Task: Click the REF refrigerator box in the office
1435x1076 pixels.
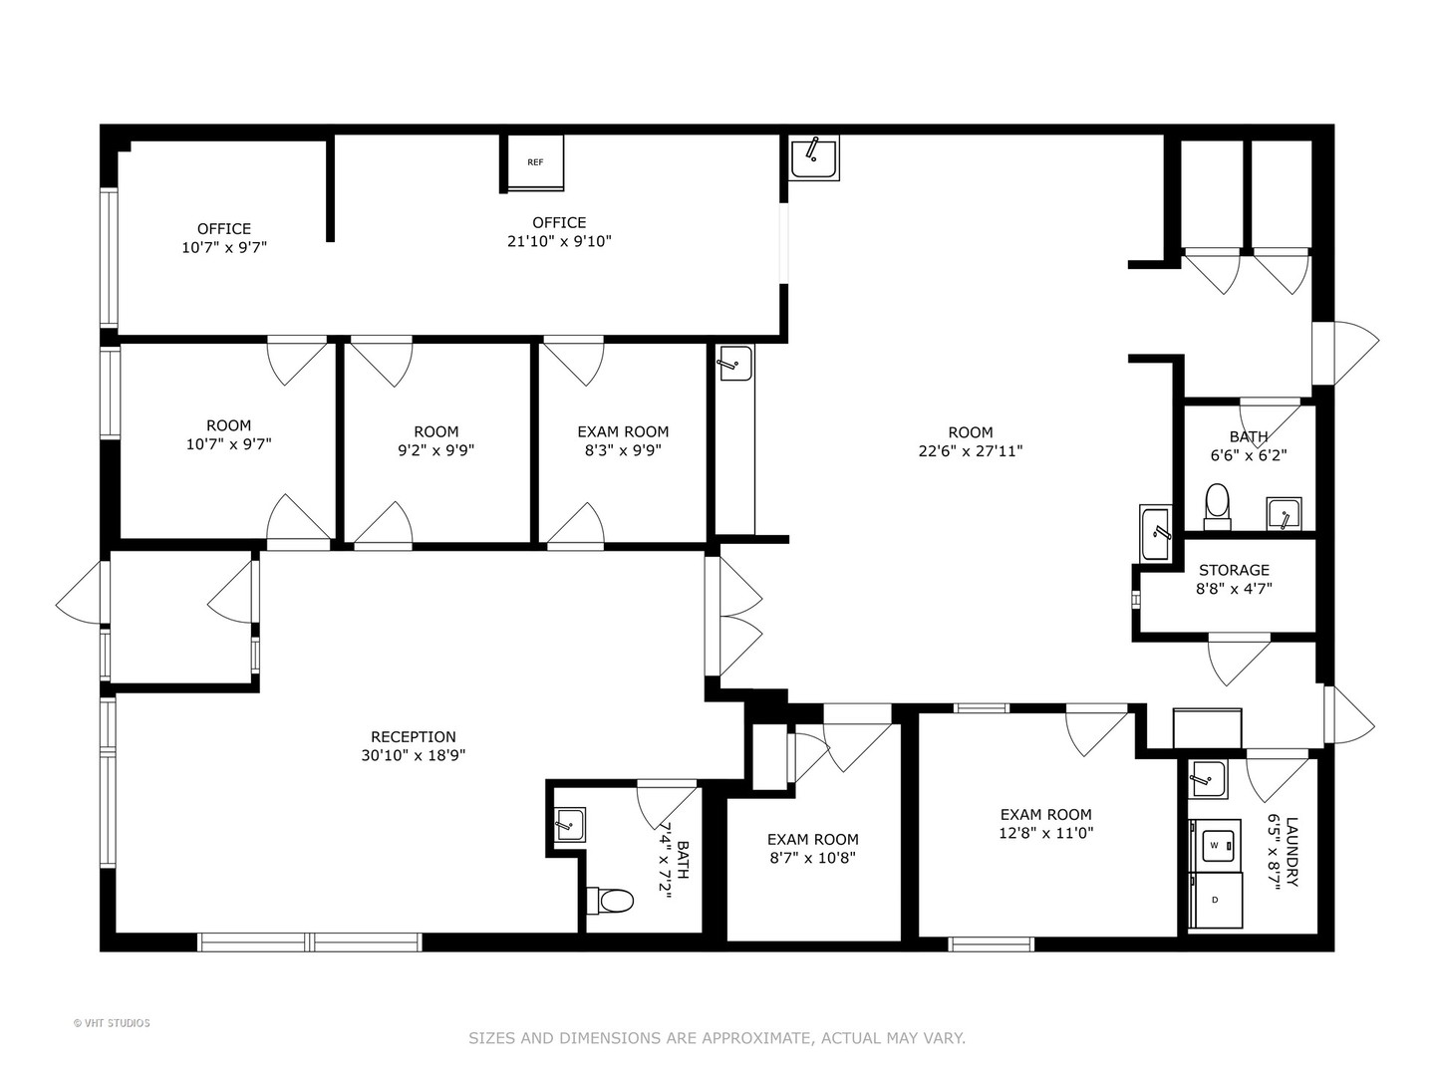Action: [535, 161]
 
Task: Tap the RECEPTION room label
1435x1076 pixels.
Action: [414, 737]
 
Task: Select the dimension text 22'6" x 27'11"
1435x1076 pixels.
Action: [970, 450]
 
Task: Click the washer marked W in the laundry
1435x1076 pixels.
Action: [1215, 845]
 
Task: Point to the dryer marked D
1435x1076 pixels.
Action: [1215, 900]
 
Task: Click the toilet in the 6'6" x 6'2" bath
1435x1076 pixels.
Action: [1217, 506]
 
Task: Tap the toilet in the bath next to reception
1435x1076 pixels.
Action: [611, 901]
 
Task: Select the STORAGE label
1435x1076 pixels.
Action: [1234, 570]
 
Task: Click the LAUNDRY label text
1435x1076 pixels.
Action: [1291, 852]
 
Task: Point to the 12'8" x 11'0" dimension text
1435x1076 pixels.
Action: [1045, 833]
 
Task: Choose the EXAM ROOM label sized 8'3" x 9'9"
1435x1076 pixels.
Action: [623, 431]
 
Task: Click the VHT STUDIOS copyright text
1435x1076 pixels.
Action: [112, 1023]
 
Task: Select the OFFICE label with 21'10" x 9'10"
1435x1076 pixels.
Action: [559, 222]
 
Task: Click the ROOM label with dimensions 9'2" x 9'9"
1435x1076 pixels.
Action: [435, 431]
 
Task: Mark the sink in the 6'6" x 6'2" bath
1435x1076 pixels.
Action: [1284, 515]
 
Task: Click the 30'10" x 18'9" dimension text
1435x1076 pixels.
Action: [414, 755]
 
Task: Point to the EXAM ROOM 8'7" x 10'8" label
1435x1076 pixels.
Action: [812, 839]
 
